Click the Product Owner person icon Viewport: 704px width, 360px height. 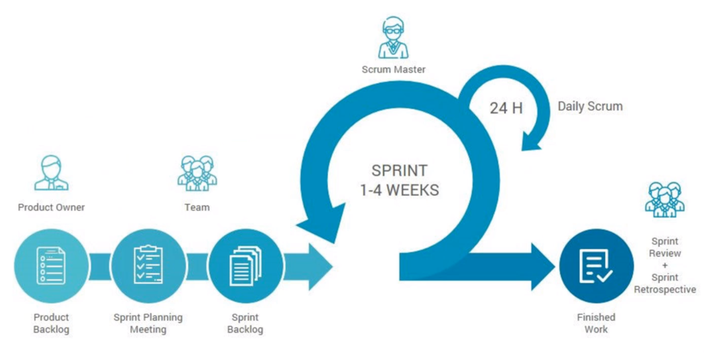point(52,172)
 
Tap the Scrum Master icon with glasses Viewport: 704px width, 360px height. point(393,37)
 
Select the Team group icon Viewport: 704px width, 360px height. point(197,172)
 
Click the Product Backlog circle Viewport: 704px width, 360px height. point(52,265)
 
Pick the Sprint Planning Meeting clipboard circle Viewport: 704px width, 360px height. point(148,265)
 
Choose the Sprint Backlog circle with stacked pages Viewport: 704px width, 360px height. point(245,265)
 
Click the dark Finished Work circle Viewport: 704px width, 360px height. point(596,265)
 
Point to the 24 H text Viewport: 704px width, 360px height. point(506,108)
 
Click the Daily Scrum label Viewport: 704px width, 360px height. point(590,106)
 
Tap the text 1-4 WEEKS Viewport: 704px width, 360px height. point(399,190)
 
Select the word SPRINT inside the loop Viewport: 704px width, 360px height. point(399,170)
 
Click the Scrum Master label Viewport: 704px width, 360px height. point(393,69)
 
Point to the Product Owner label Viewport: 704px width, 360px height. point(52,207)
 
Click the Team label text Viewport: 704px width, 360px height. point(197,207)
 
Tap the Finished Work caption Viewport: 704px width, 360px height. point(596,324)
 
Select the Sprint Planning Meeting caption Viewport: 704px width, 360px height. point(148,324)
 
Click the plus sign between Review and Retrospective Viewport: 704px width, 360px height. point(665,266)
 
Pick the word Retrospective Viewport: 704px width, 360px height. point(665,289)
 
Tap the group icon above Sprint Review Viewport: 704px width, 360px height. point(665,200)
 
